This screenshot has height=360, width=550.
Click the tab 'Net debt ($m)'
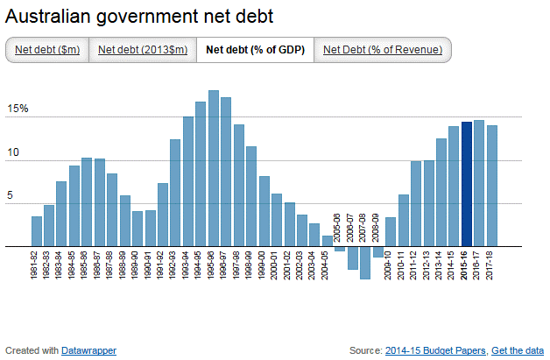47,50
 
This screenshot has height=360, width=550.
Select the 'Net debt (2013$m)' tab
142,50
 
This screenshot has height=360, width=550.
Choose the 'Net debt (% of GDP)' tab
255,50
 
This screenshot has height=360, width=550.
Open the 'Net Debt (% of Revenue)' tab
382,50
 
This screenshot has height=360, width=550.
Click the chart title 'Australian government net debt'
139,17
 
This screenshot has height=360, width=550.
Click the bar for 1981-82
37,231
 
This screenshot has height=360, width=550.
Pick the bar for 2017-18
492,186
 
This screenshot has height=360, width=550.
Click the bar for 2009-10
391,232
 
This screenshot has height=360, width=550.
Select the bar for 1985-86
87,202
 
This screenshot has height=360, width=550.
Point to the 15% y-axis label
18,109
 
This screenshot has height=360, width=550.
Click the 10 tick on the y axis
13,153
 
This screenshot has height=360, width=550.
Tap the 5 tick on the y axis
11,197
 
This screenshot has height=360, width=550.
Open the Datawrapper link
88,350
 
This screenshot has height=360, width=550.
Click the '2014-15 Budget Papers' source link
434,350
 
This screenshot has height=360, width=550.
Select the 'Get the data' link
517,350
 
